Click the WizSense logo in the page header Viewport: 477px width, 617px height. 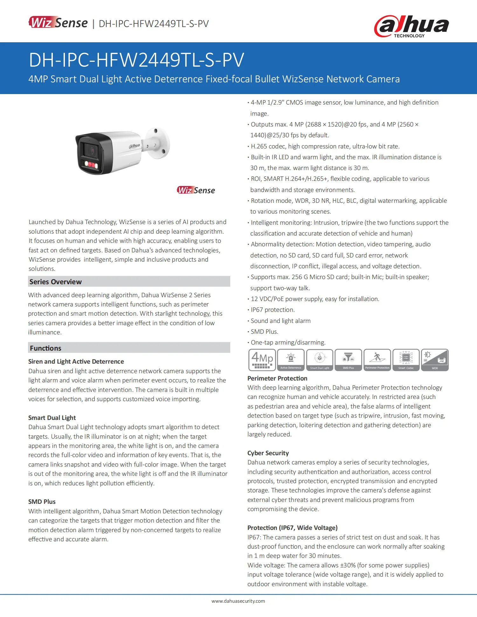pyautogui.click(x=58, y=23)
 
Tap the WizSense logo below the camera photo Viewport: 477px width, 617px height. pyautogui.click(x=196, y=190)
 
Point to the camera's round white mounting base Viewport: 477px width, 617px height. pyautogui.click(x=158, y=143)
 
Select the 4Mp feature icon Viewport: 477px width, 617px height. pyautogui.click(x=262, y=360)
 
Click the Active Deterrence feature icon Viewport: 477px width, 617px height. pyautogui.click(x=291, y=360)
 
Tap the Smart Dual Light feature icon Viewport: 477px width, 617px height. pyautogui.click(x=320, y=360)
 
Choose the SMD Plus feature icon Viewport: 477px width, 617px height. pyautogui.click(x=348, y=360)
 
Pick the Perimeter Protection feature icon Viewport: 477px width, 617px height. pyautogui.click(x=377, y=360)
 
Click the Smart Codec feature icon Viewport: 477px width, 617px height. pyautogui.click(x=406, y=360)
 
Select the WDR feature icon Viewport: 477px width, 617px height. pyautogui.click(x=435, y=360)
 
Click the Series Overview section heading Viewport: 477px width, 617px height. pyautogui.click(x=56, y=282)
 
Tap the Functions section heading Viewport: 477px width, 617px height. pyautogui.click(x=45, y=348)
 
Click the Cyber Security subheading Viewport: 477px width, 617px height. pyautogui.click(x=268, y=453)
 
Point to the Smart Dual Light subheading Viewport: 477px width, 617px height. pyautogui.click(x=52, y=418)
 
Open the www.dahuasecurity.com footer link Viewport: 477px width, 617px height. pyautogui.click(x=238, y=601)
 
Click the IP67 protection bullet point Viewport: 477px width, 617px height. pyautogui.click(x=273, y=310)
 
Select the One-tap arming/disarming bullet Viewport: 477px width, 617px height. pyautogui.click(x=288, y=342)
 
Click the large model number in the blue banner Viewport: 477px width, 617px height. pyautogui.click(x=136, y=60)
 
